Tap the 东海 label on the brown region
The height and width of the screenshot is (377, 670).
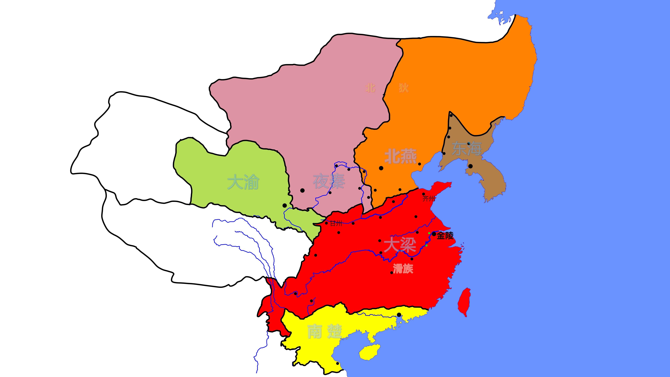(x=467, y=149)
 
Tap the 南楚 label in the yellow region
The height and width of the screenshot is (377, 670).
(x=324, y=332)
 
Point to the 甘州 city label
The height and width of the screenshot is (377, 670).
(x=336, y=223)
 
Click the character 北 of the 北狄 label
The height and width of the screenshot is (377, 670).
(x=370, y=88)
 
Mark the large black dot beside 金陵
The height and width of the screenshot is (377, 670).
(x=434, y=234)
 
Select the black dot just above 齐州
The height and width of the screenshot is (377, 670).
(x=423, y=194)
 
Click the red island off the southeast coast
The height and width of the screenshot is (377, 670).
(x=464, y=302)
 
